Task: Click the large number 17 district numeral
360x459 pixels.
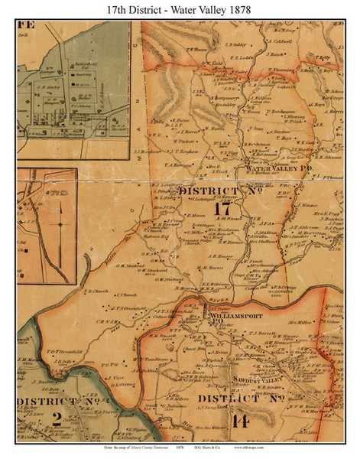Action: coord(222,208)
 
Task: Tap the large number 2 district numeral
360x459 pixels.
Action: coord(57,418)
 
